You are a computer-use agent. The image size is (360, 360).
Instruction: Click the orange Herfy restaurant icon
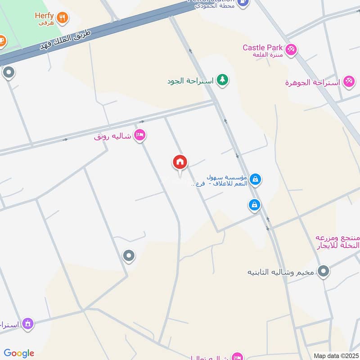tap(63, 18)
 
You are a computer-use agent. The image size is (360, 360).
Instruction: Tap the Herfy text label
tap(44, 15)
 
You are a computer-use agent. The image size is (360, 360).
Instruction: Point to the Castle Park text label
tap(262, 47)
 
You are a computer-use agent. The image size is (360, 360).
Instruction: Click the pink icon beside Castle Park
tap(291, 49)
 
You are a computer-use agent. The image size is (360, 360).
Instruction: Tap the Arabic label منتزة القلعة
tap(269, 55)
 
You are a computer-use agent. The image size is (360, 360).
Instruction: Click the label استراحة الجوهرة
tap(313, 83)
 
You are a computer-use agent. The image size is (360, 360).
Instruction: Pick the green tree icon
tap(222, 80)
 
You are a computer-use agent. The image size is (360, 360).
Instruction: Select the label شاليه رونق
tap(112, 136)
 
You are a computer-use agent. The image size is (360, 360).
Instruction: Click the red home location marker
tap(180, 162)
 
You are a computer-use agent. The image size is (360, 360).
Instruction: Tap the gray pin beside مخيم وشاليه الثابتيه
tap(323, 271)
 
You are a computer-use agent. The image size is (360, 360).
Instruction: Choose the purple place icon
tap(28, 323)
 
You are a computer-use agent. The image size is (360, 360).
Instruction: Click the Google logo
tap(19, 353)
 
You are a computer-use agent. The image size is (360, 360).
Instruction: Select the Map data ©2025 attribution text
tap(335, 355)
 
